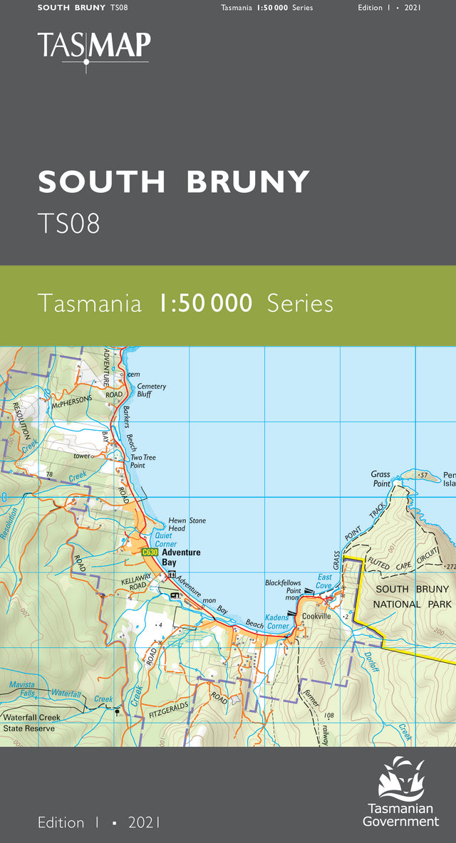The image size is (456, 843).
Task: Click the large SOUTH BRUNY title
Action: [174, 182]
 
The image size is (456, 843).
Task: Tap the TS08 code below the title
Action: [68, 224]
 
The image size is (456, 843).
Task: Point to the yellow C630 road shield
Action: [149, 553]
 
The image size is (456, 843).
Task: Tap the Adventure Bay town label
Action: [181, 557]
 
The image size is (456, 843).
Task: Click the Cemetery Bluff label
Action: [151, 390]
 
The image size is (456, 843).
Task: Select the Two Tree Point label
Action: [142, 461]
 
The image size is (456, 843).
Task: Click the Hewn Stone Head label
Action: [187, 525]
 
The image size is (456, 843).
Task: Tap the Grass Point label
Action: [380, 478]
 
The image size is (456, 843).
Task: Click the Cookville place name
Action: [316, 616]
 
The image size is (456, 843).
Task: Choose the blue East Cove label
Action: [324, 581]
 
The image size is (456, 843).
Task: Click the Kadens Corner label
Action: [277, 622]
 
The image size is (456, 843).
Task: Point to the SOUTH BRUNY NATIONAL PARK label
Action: [413, 597]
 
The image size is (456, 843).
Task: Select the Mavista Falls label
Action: [22, 689]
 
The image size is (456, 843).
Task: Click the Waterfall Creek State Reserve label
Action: [32, 723]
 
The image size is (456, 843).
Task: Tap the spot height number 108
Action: [328, 716]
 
